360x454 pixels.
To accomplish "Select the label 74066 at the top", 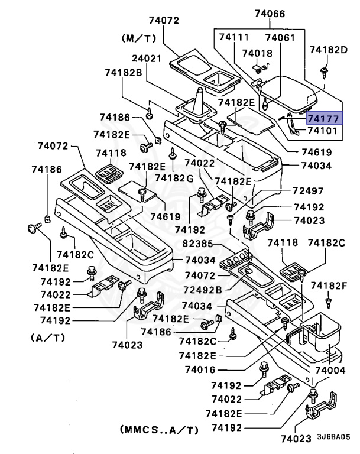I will (270, 13).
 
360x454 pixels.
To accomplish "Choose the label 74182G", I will (174, 177).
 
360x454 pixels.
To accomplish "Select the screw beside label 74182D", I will (324, 72).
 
